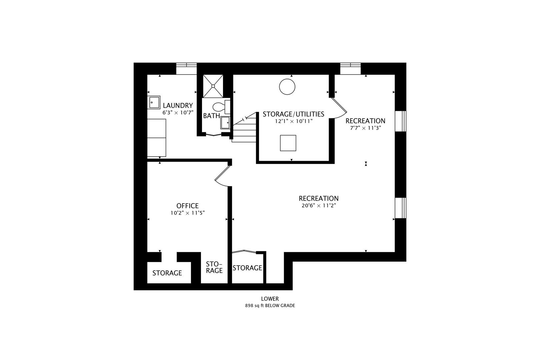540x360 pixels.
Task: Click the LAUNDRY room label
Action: pos(178,106)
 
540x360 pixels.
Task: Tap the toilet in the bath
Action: pos(220,107)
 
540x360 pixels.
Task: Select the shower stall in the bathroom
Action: pos(213,86)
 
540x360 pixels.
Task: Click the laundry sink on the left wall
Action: pos(154,102)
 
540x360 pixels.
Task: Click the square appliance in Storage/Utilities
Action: pos(288,143)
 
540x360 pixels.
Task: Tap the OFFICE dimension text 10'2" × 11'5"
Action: pos(187,213)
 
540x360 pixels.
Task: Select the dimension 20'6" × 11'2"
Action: pos(318,206)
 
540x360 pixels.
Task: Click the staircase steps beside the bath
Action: pos(244,130)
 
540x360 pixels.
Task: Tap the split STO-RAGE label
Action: pos(214,267)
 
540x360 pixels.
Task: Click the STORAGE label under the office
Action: pos(167,273)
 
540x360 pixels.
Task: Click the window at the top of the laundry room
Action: pos(186,68)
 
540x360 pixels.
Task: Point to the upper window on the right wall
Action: pos(400,121)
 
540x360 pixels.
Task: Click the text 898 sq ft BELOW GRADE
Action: pos(270,305)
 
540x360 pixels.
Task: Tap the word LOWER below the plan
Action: pos(270,299)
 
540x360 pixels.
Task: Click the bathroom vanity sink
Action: pos(225,122)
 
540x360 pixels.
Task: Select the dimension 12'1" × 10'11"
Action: pos(293,121)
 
